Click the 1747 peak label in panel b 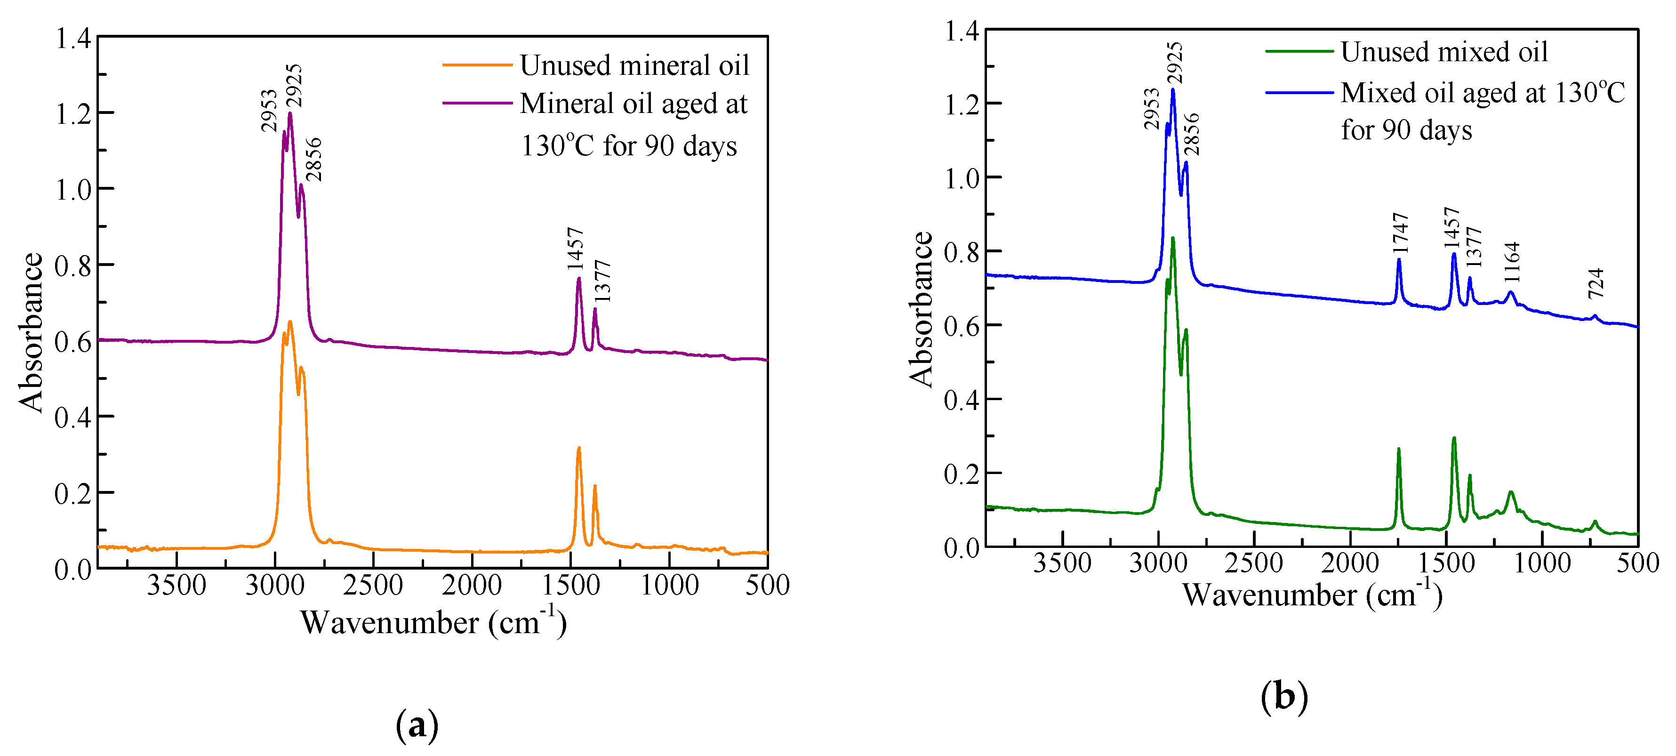tap(1400, 233)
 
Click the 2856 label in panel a tap(313, 160)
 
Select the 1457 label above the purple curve tap(575, 249)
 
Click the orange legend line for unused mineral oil tap(477, 65)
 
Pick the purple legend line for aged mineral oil tap(477, 103)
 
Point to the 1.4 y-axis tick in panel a tap(73, 39)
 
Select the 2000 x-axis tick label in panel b tap(1349, 563)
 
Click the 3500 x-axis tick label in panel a tap(176, 586)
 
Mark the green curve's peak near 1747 tap(1398, 450)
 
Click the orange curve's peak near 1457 tap(578, 448)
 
